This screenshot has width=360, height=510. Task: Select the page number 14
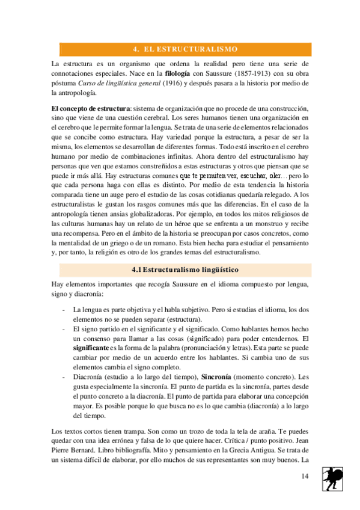click(x=305, y=476)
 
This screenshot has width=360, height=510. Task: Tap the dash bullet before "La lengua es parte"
click(x=64, y=309)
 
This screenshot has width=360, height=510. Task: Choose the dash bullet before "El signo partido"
click(x=64, y=329)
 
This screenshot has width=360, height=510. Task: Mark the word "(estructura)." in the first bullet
click(x=183, y=319)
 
